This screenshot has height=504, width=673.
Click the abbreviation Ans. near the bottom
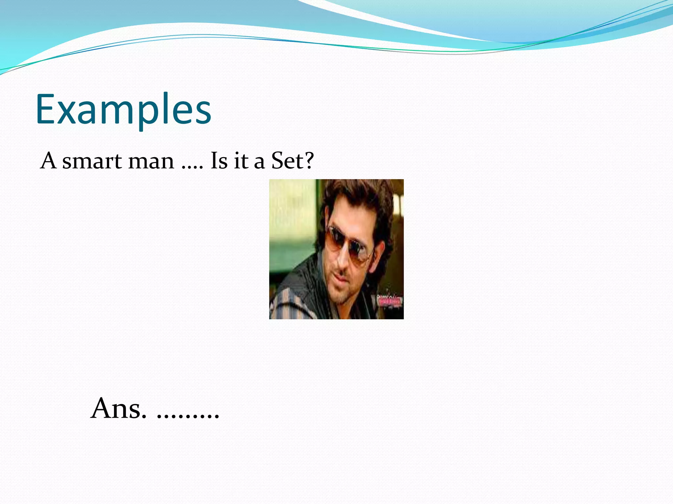118,409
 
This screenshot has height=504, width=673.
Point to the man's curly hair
358,197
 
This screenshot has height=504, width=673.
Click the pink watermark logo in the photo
390,301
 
